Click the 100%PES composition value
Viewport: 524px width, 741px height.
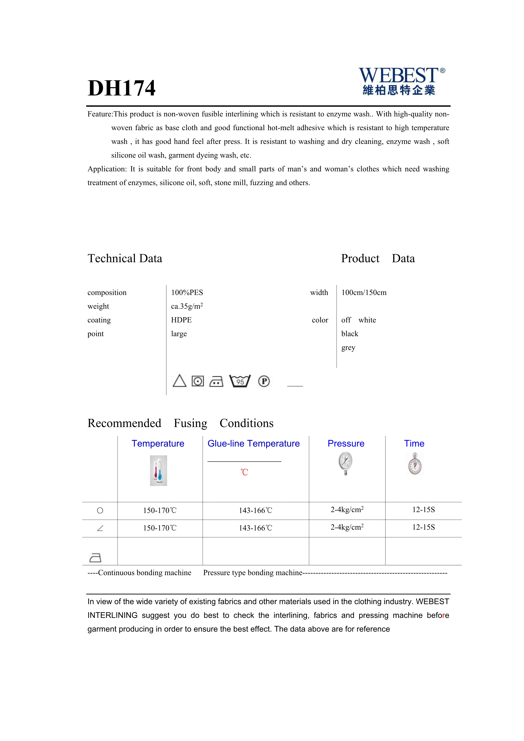187,292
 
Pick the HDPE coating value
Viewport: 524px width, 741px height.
181,320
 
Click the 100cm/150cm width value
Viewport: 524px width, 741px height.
364,292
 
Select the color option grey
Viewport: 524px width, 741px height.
348,348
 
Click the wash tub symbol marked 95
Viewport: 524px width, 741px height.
240,381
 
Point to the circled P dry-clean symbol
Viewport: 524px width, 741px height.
264,381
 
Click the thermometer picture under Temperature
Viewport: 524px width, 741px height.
158,471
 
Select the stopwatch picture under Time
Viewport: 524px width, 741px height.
415,464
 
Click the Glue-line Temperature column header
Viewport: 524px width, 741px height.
254,444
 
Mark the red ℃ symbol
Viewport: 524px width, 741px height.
244,472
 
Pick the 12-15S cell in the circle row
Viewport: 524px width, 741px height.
423,510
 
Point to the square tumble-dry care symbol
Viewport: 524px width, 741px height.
198,381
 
